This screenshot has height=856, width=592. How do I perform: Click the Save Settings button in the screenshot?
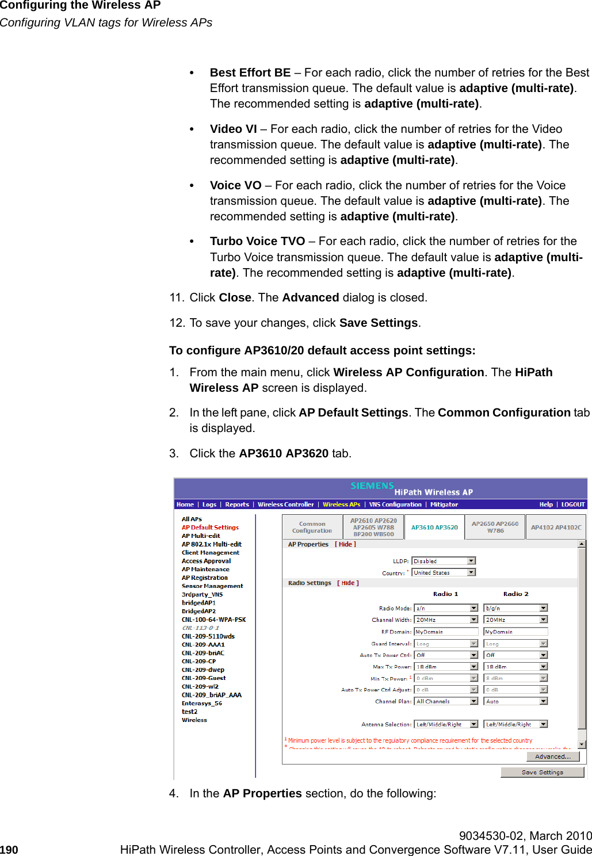[x=542, y=772]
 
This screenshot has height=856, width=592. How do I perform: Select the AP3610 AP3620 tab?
[x=434, y=527]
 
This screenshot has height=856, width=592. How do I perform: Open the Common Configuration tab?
[x=312, y=527]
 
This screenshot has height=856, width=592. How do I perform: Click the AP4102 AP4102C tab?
[x=556, y=527]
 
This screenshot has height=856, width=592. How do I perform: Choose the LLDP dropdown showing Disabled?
[x=444, y=561]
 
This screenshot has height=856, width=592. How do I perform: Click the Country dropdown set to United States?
[x=444, y=572]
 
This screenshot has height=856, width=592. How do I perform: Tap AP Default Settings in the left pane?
[x=210, y=527]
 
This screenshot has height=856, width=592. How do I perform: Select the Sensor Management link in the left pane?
[x=212, y=586]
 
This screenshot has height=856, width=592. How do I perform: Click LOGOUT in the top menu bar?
[x=572, y=505]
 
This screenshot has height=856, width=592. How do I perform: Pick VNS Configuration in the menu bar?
[x=395, y=505]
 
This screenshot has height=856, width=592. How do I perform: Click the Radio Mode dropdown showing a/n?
[x=446, y=608]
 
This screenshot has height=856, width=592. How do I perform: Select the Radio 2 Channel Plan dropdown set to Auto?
[x=515, y=701]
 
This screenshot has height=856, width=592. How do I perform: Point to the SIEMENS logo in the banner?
[x=372, y=486]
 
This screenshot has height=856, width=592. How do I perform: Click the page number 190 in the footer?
[x=9, y=850]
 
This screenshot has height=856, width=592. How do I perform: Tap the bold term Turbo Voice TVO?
[x=257, y=241]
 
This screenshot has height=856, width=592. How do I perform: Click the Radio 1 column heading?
[x=445, y=594]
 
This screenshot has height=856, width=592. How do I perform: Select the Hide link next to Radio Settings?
[x=348, y=583]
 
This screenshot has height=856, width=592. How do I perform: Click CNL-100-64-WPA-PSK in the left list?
[x=213, y=620]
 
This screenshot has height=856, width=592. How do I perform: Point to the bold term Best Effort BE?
[x=250, y=72]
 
